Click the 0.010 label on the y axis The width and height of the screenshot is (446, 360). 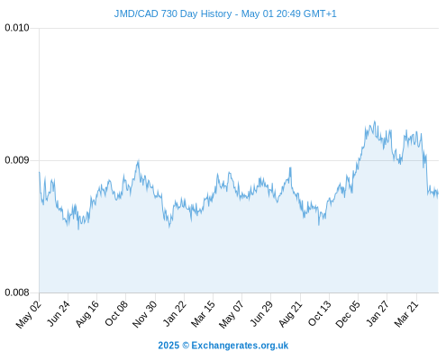(x=17, y=28)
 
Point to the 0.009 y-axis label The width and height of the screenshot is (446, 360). (x=17, y=160)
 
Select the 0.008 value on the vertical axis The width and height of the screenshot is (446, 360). (x=17, y=292)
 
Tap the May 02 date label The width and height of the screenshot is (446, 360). (x=29, y=314)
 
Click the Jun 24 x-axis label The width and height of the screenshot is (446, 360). (x=59, y=313)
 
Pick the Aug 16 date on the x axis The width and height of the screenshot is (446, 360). (x=87, y=313)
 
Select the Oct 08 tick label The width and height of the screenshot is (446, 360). (x=116, y=313)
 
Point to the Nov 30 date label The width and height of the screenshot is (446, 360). (x=144, y=314)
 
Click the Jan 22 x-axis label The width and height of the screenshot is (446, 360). (x=175, y=313)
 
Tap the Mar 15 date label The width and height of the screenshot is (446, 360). (x=204, y=313)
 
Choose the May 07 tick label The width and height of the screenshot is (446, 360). (x=232, y=314)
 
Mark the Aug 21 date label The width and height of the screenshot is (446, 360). (x=290, y=313)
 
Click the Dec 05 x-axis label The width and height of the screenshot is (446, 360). (x=348, y=314)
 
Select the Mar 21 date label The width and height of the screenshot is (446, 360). (x=406, y=313)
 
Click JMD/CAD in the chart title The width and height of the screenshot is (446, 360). (x=136, y=13)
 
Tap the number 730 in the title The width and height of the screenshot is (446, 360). (x=169, y=13)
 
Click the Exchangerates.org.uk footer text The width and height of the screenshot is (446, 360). (x=240, y=346)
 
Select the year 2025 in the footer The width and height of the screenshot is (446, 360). (x=168, y=346)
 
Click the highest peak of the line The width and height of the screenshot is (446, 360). (x=374, y=121)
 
